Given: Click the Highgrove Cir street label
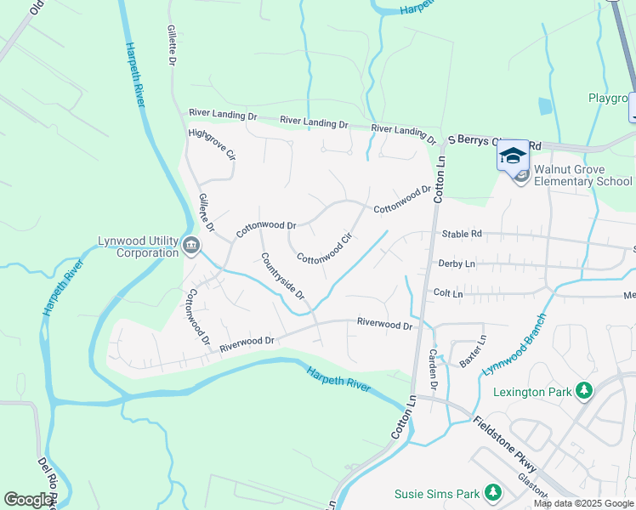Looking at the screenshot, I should (213, 145).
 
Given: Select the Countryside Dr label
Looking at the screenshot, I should (283, 276).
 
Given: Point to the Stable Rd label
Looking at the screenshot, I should (461, 234).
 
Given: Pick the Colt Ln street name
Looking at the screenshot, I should (447, 293).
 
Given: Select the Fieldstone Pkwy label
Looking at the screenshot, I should (506, 445).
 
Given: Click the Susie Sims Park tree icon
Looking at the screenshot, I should (492, 493).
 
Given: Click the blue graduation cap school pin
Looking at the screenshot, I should (513, 156).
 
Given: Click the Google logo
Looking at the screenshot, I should (28, 500).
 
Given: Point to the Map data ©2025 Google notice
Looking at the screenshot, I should (582, 503).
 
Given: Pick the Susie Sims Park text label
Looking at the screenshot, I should (437, 493).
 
